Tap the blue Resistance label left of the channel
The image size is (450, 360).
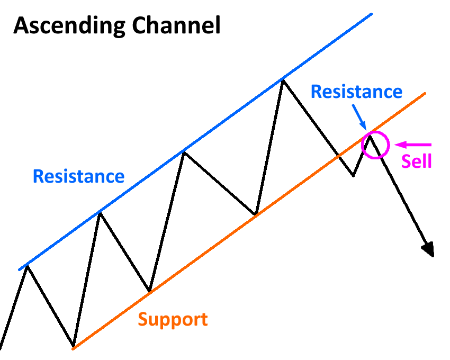78,176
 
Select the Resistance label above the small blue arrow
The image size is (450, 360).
356,92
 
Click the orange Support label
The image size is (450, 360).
173,320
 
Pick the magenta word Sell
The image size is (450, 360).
416,161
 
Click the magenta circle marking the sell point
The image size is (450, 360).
375,145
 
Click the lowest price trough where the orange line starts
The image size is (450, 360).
74,347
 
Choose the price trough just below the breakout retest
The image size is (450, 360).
353,175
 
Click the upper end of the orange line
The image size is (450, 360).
425,94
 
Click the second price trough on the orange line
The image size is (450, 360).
150,291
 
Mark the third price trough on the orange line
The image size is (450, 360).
256,214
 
